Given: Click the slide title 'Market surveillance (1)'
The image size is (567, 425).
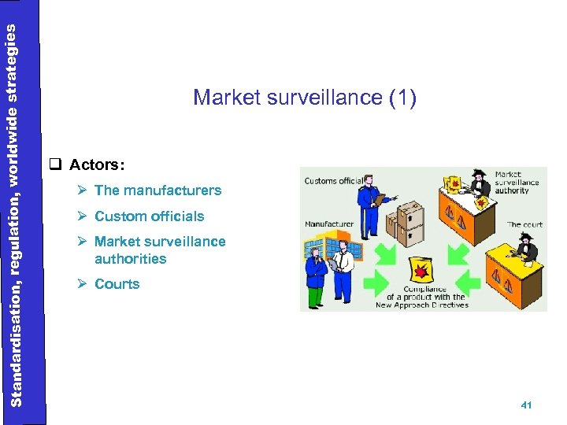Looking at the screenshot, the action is coord(304,98).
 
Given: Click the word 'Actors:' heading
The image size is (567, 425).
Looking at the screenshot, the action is coord(96,165).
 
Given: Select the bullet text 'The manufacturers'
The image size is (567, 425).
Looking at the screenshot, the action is coord(157,190).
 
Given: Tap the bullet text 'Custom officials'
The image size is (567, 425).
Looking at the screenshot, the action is coord(149,216).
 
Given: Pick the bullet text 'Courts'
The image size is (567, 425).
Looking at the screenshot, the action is coord(117,284).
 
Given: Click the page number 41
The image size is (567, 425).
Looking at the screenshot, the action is coord(527,405).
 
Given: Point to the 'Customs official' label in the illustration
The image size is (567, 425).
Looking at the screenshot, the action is coord(333,181).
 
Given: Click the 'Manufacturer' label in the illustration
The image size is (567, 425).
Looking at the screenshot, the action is coord(329,224).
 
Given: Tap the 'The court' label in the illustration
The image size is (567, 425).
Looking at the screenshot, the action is coord(524,224).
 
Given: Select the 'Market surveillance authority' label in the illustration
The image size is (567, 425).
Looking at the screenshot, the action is coord(517,183).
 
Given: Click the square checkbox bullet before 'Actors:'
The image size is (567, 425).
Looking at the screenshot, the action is coord(54,165).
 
